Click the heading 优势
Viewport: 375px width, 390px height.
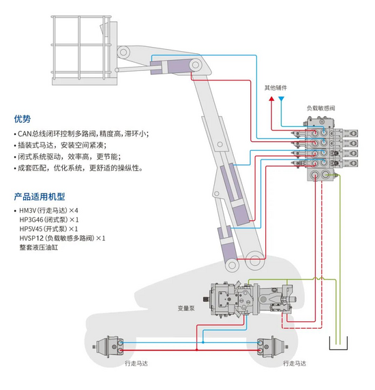22,119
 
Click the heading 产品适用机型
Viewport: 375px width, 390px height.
40,197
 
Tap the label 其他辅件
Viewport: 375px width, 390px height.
275,88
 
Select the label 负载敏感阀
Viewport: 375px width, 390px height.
320,108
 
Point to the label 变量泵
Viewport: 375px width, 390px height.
186,308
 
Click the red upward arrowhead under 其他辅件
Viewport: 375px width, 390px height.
272,99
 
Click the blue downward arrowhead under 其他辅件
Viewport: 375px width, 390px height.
281,99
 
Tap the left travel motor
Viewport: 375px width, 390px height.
108,346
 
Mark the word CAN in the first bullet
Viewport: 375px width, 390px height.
25,134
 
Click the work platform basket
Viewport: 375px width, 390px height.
81,50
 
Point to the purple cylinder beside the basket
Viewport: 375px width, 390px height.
172,67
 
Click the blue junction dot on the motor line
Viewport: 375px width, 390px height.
203,342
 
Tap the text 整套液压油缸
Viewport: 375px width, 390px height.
39,247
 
